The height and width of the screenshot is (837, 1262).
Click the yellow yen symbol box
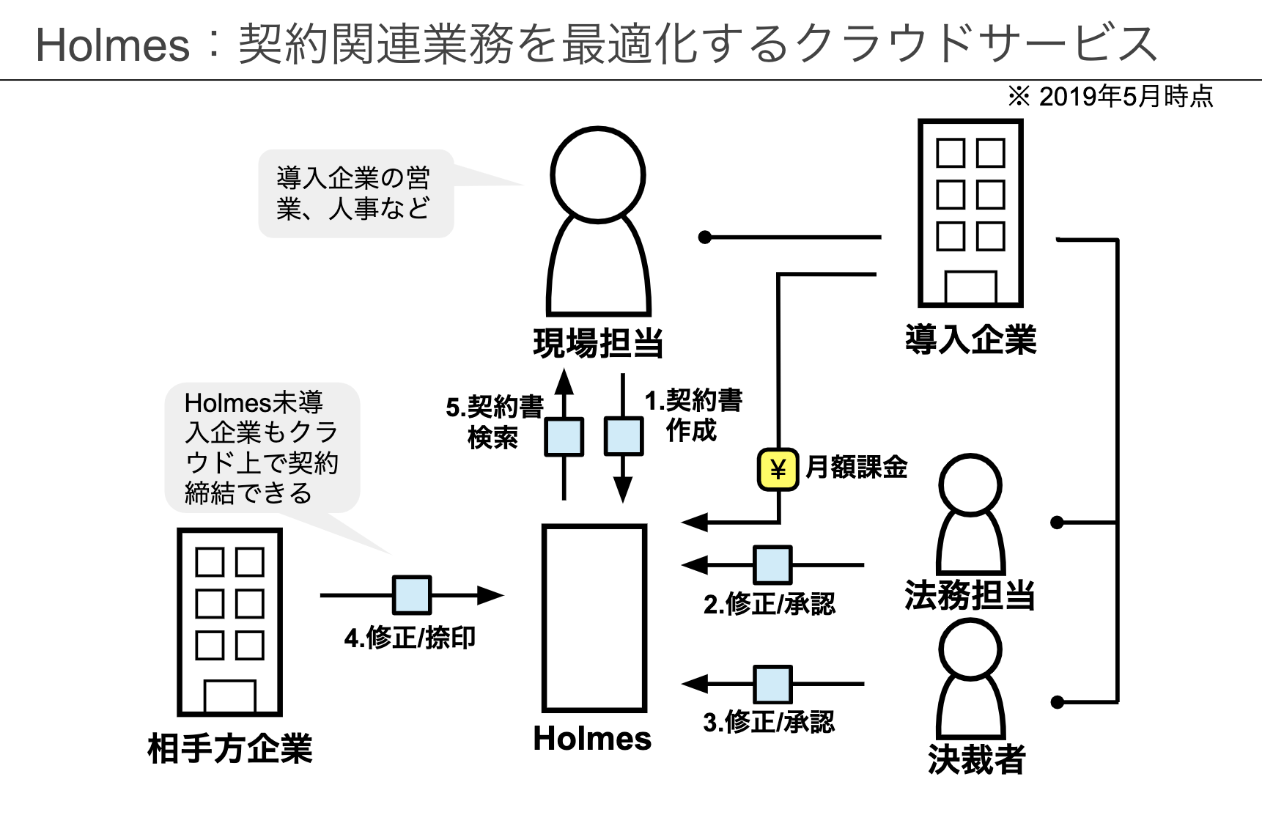coord(778,469)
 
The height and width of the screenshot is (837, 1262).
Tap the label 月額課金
coord(856,467)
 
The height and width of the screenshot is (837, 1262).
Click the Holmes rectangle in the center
coord(594,618)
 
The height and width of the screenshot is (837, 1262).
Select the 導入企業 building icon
coord(970,213)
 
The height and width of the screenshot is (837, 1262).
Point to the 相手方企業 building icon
coord(229,622)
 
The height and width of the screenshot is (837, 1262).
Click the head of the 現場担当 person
coord(597,174)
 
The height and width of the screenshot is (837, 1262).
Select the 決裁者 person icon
coord(970,679)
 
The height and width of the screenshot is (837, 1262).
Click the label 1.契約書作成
coord(693,415)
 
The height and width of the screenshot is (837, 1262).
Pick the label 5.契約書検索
coord(494,421)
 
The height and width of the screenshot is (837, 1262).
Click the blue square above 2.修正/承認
coord(772,565)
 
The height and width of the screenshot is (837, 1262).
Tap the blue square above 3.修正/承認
coord(772,684)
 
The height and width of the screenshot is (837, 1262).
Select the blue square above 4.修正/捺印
coord(412,594)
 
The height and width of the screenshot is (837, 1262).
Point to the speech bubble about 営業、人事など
coord(356,193)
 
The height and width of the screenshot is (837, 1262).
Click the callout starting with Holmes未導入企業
coord(262,447)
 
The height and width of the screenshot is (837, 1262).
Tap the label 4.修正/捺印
coord(410,638)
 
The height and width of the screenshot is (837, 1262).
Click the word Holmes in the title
coord(112,45)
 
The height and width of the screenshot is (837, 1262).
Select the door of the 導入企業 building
coord(970,287)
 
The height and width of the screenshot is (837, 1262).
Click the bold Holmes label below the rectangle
coord(592,738)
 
